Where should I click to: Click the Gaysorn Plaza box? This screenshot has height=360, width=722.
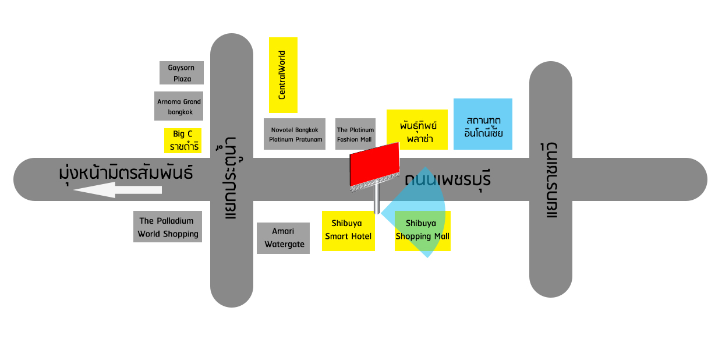coord(182,73)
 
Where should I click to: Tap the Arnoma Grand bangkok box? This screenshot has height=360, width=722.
coord(179,106)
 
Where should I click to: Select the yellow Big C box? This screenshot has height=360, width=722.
coord(183,140)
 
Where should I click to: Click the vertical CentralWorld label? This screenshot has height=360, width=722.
coord(282,75)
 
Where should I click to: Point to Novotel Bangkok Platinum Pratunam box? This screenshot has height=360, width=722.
coord(295,134)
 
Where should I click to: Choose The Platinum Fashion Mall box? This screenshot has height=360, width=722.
coord(356,134)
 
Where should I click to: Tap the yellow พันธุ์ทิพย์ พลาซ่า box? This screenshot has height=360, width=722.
coord(417,130)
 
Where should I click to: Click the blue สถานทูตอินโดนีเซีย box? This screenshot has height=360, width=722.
coord(483,124)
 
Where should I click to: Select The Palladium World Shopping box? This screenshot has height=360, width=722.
coord(168,227)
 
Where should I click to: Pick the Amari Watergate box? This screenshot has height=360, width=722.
coord(284,238)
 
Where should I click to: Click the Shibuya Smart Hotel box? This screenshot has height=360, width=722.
coord(348,231)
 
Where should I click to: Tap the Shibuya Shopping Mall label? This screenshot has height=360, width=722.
coord(423,230)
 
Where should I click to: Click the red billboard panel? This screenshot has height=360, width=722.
coord(375,164)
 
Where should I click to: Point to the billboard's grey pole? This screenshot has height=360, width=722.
coord(377,197)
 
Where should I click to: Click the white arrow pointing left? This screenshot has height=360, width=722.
coord(118,190)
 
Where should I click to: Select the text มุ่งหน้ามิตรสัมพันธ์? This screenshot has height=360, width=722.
coord(126,172)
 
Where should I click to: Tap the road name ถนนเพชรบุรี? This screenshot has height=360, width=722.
coord(448,179)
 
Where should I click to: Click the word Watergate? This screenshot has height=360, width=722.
coord(285,244)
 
